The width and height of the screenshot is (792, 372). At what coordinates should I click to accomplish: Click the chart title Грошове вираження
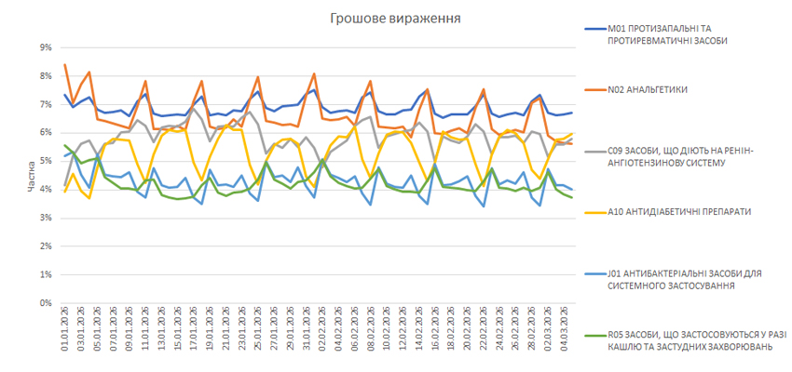pos(395,18)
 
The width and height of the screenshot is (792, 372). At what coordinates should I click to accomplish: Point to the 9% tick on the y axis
pos(46,46)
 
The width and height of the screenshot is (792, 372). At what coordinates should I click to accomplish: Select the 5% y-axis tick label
pos(46,161)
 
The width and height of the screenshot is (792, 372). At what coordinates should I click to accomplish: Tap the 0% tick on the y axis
pos(46,303)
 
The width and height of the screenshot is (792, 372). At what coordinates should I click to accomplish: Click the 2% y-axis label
pos(46,246)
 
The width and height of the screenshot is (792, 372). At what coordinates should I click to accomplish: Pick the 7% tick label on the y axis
pos(46,104)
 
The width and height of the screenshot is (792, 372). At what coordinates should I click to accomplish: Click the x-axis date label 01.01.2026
pos(64,333)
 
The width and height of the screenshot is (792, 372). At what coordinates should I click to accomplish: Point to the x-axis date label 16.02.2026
pos(435,333)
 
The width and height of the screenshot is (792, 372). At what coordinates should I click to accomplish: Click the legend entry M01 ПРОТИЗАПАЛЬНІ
pos(667,34)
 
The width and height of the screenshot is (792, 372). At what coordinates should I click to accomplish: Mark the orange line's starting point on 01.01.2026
pos(64,64)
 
